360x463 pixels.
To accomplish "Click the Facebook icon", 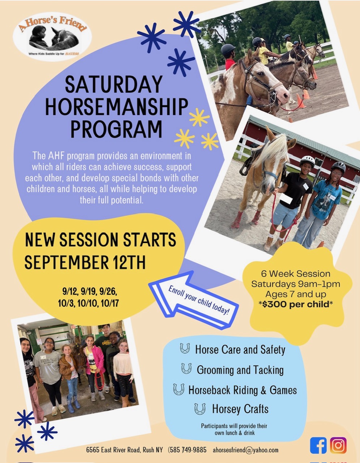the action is point(318,445).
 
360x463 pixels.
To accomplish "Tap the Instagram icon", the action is point(338,445).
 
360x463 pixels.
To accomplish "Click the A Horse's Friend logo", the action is point(52,37).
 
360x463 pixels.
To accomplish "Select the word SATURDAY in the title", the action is point(114,84).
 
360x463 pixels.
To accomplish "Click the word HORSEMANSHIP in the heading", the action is point(117,107).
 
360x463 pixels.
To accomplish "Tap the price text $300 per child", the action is point(296,304).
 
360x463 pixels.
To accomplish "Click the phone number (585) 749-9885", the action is point(187,450).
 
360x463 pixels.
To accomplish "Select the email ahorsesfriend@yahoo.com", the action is point(245,450).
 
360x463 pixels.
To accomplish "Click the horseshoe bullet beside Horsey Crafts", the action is point(200,409).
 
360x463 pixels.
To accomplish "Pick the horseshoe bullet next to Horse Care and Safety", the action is point(185,348).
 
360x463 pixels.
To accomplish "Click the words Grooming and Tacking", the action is point(240,370).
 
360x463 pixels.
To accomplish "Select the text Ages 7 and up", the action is point(296,294).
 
